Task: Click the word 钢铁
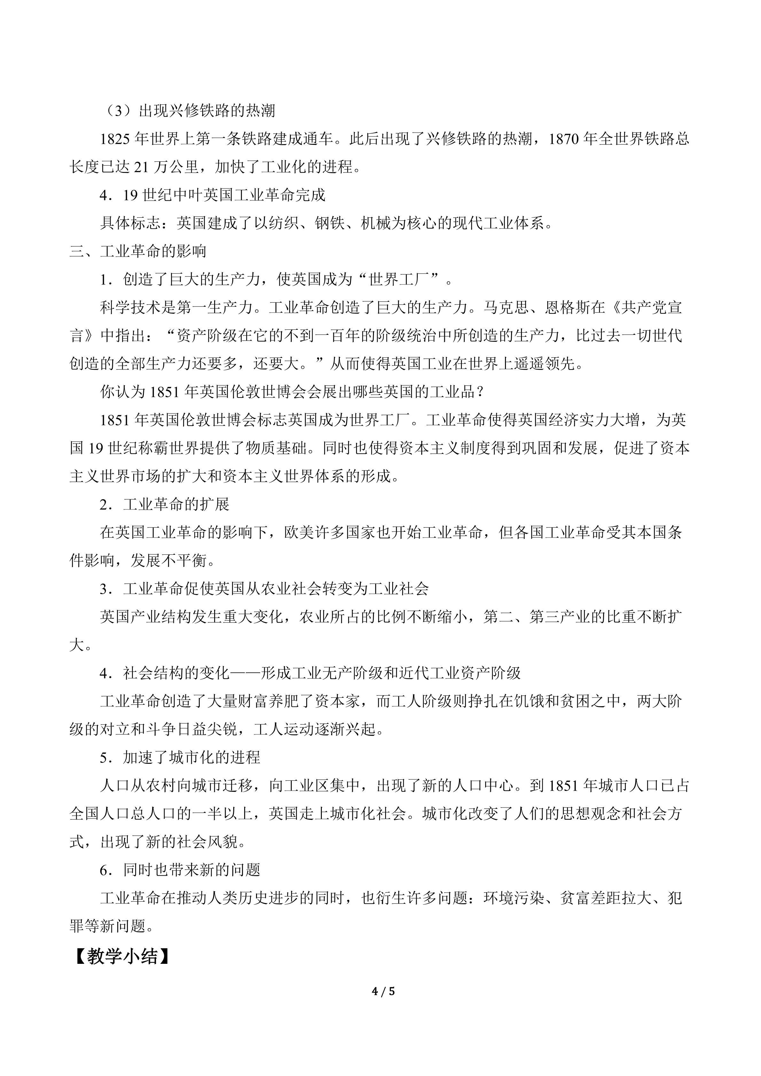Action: pyautogui.click(x=330, y=224)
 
